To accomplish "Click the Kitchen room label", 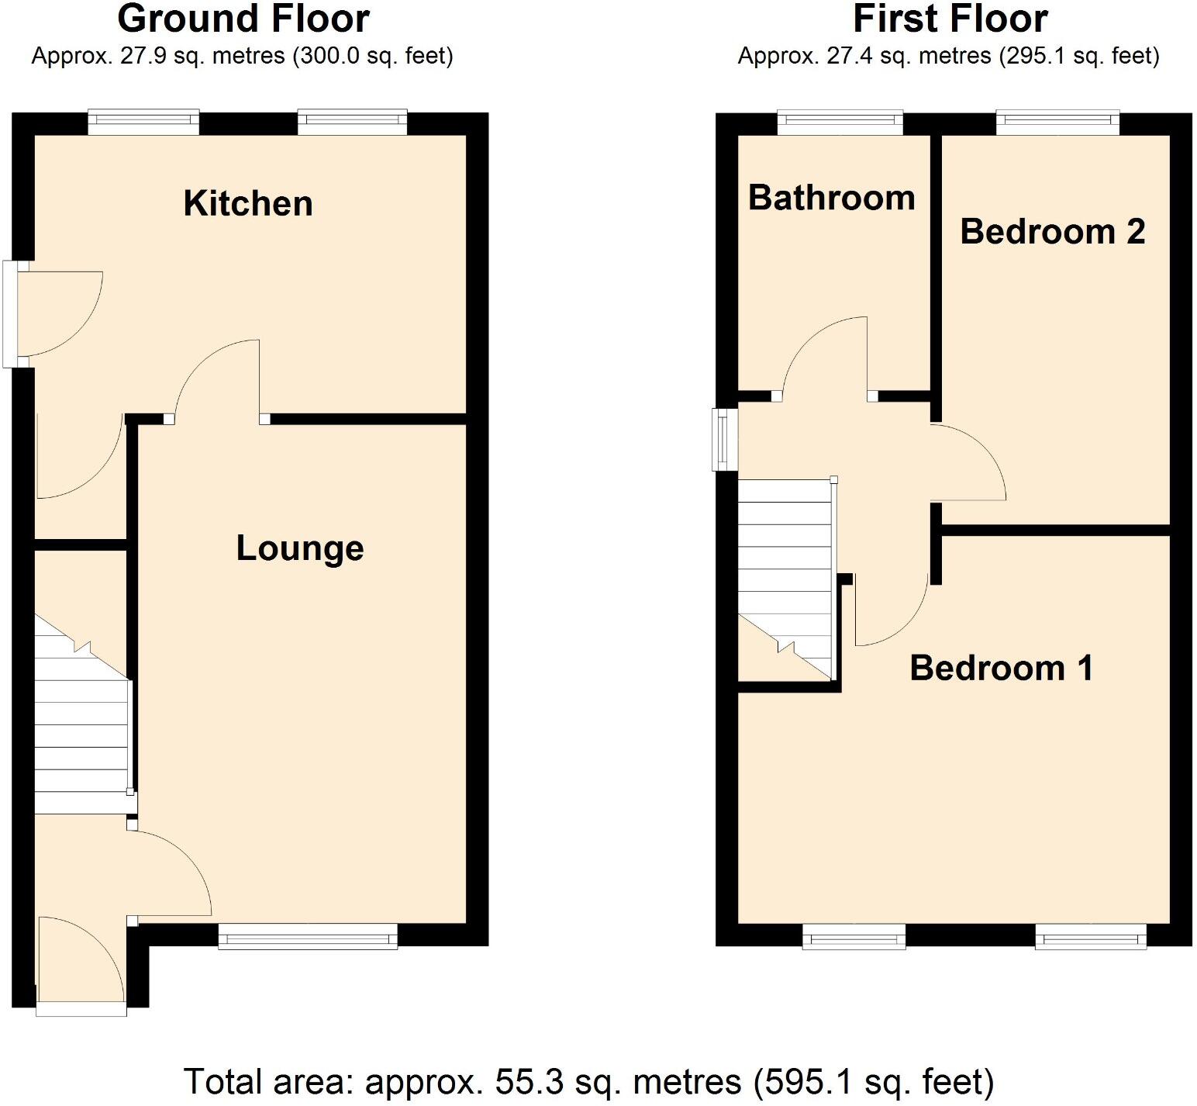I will point(248,203).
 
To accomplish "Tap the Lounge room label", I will point(300,548).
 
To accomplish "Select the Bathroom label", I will point(831,198).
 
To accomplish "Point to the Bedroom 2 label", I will point(1052,231).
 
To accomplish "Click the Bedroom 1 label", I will point(1001,668).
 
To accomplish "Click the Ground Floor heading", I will point(243,19).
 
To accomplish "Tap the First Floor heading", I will point(950,19).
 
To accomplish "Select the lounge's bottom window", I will point(308,937).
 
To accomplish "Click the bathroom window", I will point(840,122).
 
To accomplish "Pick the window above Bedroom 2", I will point(1057,122).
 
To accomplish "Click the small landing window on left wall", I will point(725,440).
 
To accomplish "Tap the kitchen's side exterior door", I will point(11,313).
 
